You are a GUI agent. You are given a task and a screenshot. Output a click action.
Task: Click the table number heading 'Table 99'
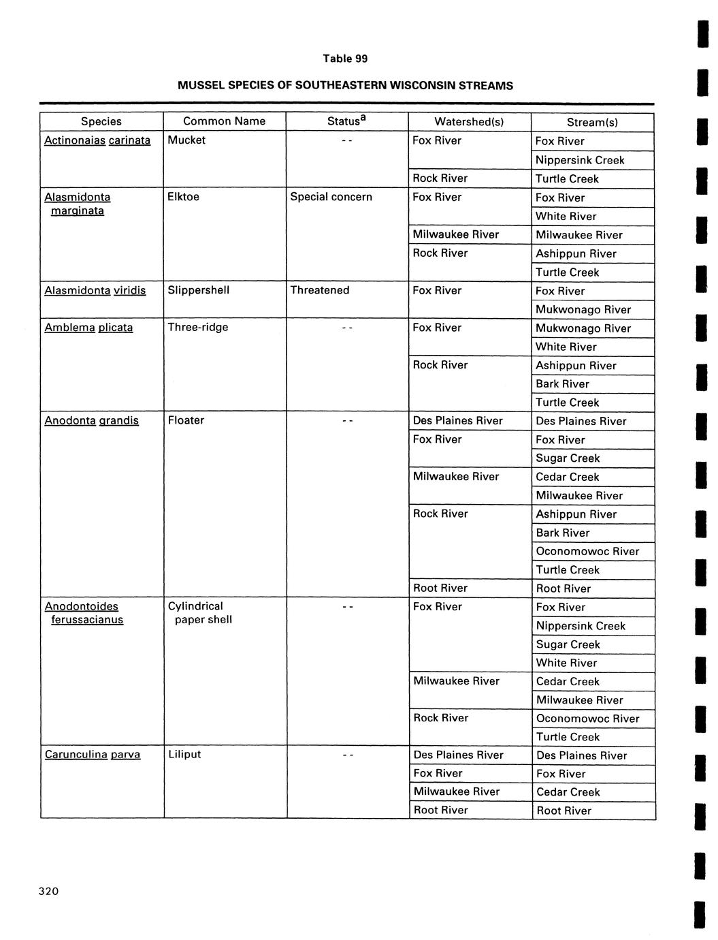coord(345,59)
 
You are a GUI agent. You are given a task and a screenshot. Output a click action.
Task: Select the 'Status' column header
coord(346,121)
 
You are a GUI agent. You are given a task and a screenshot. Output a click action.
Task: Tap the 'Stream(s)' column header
coord(592,122)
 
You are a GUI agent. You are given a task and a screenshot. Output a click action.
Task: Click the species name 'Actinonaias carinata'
coord(97,140)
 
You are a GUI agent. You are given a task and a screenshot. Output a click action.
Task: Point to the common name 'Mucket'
coord(186,140)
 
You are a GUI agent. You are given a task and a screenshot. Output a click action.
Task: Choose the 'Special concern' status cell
coord(331,197)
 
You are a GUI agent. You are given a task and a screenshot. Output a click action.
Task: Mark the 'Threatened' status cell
coord(320,290)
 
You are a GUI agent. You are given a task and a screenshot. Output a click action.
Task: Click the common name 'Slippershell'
coord(199,290)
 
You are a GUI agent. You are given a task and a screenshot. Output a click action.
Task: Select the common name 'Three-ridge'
coord(198,327)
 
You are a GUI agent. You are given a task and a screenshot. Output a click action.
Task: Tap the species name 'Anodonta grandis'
coord(91,420)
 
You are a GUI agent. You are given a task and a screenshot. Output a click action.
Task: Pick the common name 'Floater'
coord(186,420)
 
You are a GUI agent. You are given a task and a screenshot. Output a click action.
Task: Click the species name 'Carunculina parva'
coord(93,754)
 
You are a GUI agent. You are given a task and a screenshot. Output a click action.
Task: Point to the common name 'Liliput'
coord(184,754)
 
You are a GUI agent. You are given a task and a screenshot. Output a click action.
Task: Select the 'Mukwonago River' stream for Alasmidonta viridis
coord(583,309)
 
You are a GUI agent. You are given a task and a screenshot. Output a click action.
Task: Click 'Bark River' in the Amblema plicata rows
coord(562,383)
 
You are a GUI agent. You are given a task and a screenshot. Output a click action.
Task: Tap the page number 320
coord(49,892)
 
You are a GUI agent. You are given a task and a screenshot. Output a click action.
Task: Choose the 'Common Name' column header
coord(224,121)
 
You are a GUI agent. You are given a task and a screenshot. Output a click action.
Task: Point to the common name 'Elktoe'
coord(183,197)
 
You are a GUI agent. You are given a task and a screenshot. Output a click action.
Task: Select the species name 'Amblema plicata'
coord(88,328)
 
